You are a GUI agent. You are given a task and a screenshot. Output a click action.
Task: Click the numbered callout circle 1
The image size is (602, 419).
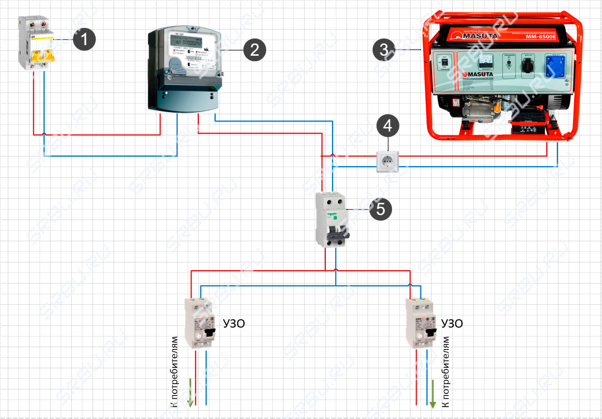pos(85,40)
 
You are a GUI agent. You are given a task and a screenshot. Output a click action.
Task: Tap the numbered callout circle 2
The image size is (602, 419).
pos(254,50)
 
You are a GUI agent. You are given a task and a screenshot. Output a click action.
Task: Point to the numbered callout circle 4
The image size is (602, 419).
pos(388,126)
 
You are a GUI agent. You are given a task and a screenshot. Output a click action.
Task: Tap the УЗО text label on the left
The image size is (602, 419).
pos(233,324)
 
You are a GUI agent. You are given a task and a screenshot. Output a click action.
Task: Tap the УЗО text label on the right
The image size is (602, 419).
pos(452,324)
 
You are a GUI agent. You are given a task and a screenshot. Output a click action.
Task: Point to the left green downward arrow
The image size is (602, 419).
pos(190,392)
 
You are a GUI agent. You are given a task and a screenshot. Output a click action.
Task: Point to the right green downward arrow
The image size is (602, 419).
pos(434,392)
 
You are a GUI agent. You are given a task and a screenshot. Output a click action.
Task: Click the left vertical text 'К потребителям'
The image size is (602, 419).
pos(174,371)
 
